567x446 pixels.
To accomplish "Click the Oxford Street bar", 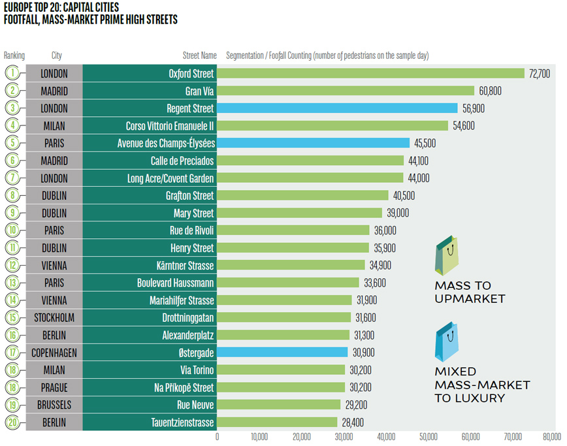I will click(370, 73).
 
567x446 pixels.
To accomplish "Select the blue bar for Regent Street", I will click(337, 108).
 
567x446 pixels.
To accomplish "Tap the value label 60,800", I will click(490, 91).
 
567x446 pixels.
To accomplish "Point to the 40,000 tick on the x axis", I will click(386, 436).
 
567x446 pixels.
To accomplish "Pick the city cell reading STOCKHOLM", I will click(54, 317).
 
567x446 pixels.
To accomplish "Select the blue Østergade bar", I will click(282, 352).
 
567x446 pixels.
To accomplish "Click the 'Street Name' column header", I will click(199, 56).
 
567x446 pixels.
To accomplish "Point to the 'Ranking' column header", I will click(14, 56).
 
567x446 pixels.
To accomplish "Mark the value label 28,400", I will click(353, 422).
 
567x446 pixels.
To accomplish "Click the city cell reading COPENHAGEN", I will click(54, 352).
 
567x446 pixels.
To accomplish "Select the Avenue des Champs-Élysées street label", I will click(166, 143).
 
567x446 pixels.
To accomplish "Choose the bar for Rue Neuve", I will click(279, 404).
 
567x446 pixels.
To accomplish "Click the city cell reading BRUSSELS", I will click(54, 404).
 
